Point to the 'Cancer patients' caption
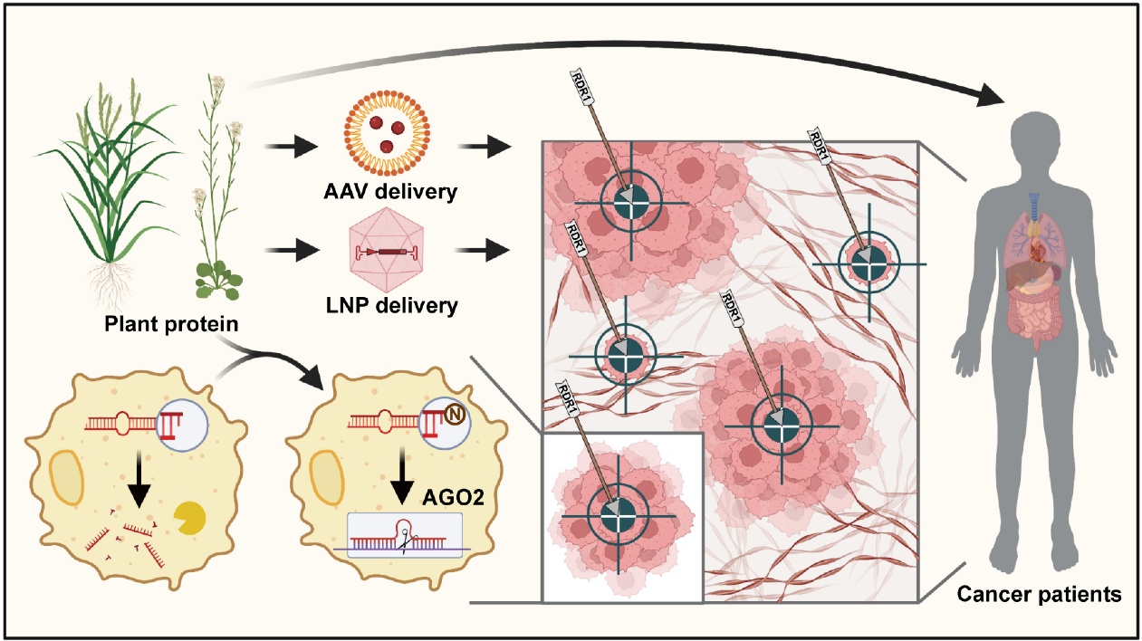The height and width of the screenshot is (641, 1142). tap(1039, 594)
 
